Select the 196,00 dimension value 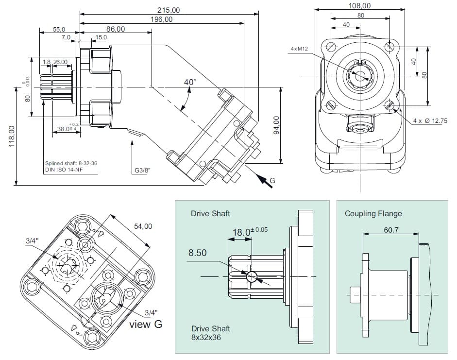click(x=161, y=19)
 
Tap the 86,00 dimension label click(x=116, y=29)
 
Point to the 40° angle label click(x=190, y=82)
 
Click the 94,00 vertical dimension click(x=277, y=126)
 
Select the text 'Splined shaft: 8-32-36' click(x=71, y=163)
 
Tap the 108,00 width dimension click(x=360, y=6)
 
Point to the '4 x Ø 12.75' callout click(x=430, y=120)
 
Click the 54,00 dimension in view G click(x=143, y=226)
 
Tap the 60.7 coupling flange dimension click(x=390, y=230)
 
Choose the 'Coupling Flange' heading click(x=373, y=213)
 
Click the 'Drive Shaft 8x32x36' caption click(x=210, y=333)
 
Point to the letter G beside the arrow click(x=272, y=181)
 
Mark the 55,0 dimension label click(x=59, y=30)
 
